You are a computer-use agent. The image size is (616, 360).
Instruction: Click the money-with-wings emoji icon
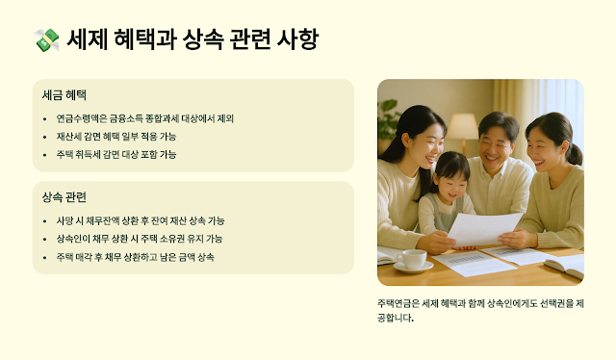pyautogui.click(x=47, y=39)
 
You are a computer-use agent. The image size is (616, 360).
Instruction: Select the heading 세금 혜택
pyautogui.click(x=64, y=95)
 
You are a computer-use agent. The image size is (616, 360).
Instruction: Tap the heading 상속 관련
pyautogui.click(x=64, y=197)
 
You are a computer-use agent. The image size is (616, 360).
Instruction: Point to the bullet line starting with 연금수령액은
pyautogui.click(x=145, y=118)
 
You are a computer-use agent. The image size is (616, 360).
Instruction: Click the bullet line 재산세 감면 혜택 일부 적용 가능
pyautogui.click(x=116, y=137)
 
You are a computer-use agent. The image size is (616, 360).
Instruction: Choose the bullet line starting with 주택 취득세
pyautogui.click(x=116, y=154)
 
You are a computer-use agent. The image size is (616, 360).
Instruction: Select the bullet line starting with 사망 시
pyautogui.click(x=141, y=220)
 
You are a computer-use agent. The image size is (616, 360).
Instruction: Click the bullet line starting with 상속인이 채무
pyautogui.click(x=140, y=239)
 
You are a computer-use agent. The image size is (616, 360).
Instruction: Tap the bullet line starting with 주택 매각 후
pyautogui.click(x=135, y=257)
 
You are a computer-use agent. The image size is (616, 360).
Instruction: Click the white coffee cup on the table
pyautogui.click(x=413, y=259)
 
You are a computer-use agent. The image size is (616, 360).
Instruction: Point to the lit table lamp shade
pyautogui.click(x=463, y=126)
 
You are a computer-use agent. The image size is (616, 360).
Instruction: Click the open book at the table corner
pyautogui.click(x=566, y=266)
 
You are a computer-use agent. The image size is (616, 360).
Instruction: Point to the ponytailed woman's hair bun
pyautogui.click(x=576, y=154)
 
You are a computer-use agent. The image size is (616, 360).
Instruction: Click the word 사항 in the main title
pyautogui.click(x=297, y=39)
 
